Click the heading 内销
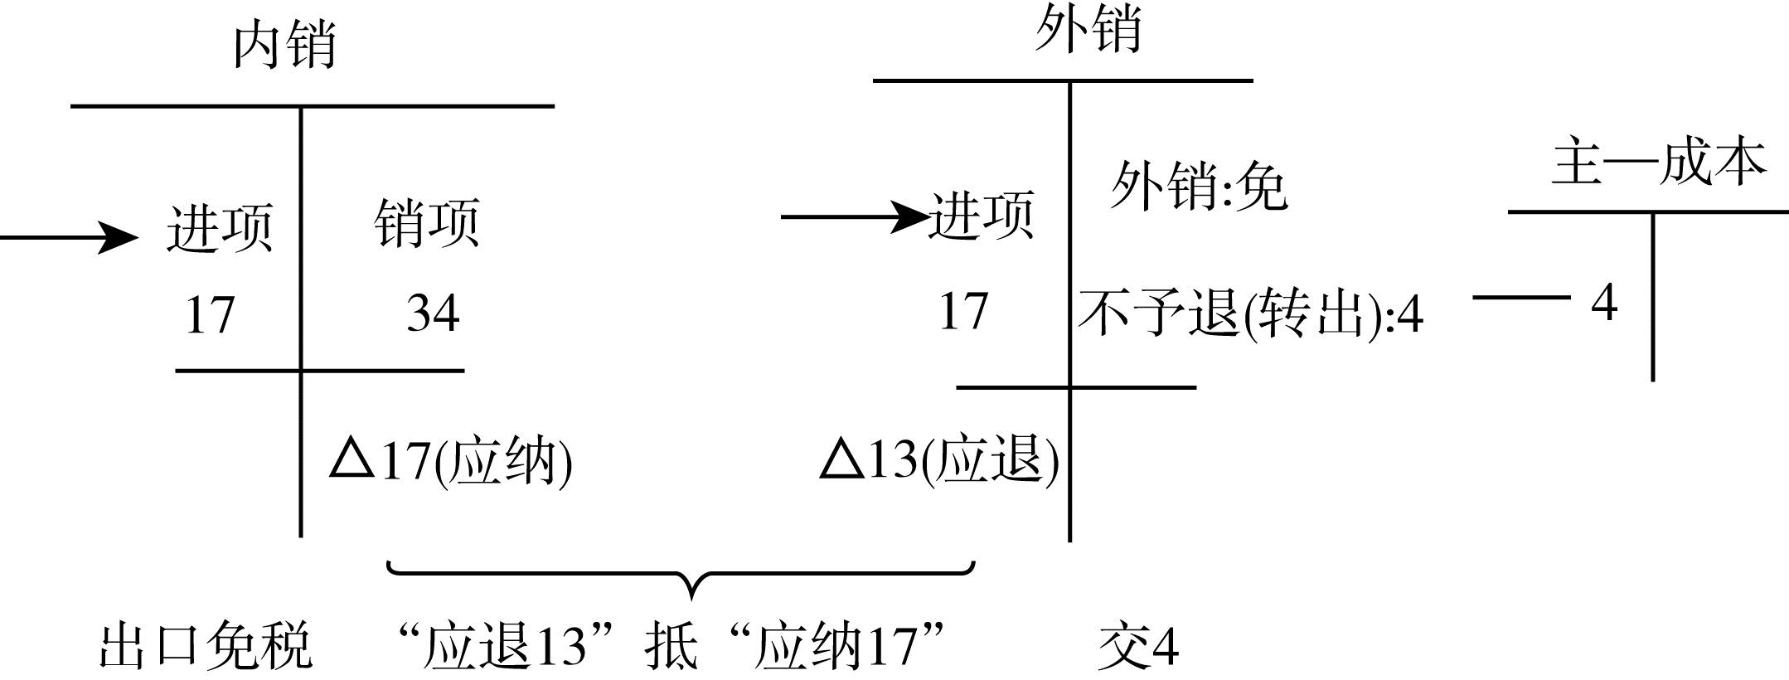pyautogui.click(x=284, y=45)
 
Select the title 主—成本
pyautogui.click(x=1659, y=161)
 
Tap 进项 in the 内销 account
pyautogui.click(x=220, y=226)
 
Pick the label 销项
pyautogui.click(x=427, y=222)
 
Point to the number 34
pyautogui.click(x=433, y=313)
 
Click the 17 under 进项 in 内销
pyautogui.click(x=210, y=315)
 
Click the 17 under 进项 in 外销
pyautogui.click(x=963, y=312)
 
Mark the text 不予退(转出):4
pyautogui.click(x=1251, y=314)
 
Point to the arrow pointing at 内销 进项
pyautogui.click(x=69, y=238)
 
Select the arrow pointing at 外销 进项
pyautogui.click(x=855, y=217)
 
